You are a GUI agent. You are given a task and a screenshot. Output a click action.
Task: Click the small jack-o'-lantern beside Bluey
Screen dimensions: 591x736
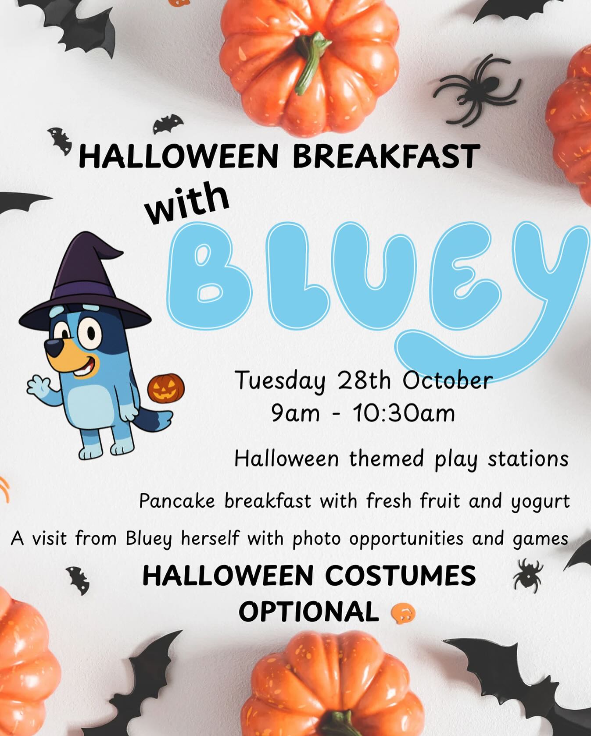pyautogui.click(x=166, y=388)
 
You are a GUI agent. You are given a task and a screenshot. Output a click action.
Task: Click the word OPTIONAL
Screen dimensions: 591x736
pyautogui.click(x=309, y=612)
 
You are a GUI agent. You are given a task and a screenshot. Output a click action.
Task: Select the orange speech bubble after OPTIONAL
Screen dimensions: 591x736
pyautogui.click(x=402, y=612)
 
